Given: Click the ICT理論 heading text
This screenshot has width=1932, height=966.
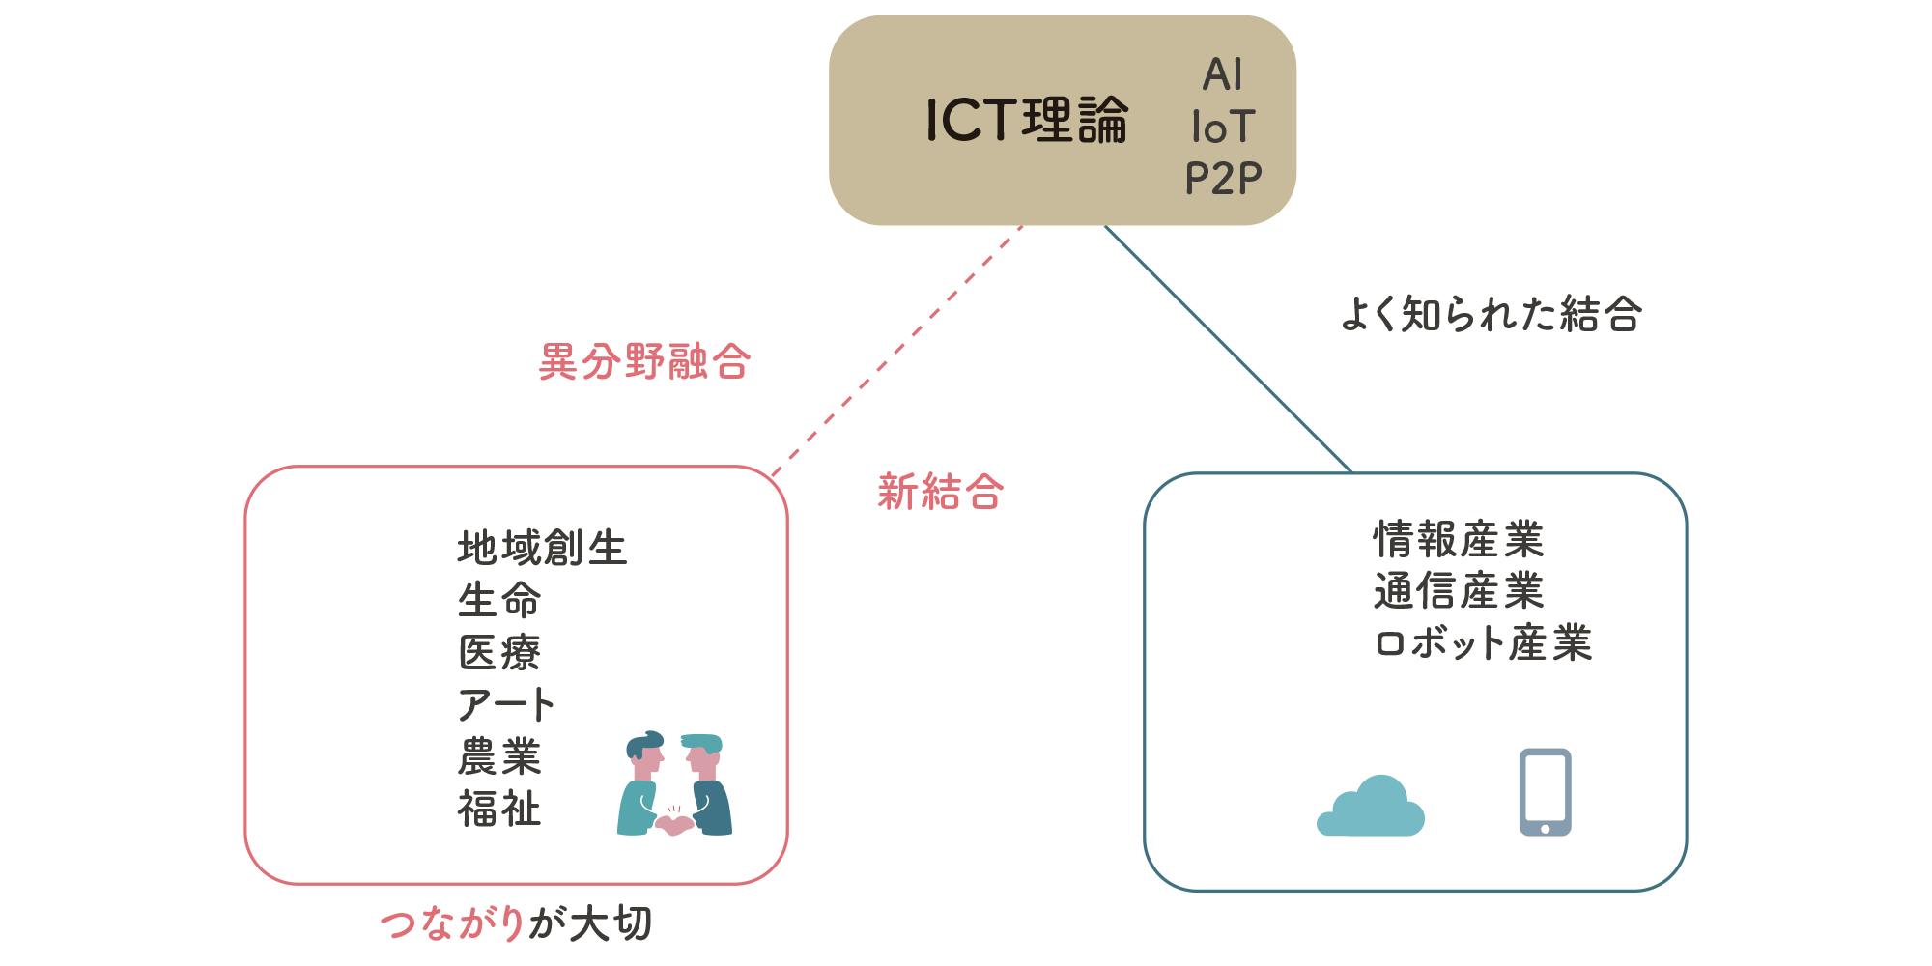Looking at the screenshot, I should point(1027,121).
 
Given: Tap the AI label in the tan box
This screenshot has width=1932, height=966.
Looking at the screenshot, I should point(1222,74).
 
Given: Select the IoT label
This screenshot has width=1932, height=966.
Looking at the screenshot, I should point(1223,127).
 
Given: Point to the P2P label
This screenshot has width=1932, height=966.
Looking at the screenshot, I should point(1223,178).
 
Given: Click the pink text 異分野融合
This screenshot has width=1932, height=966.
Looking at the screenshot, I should point(644,362).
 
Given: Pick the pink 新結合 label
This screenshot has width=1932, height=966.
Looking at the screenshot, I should point(940,493).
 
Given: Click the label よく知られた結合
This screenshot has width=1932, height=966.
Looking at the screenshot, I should point(1491,315).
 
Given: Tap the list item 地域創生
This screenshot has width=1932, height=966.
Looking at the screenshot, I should point(542,549).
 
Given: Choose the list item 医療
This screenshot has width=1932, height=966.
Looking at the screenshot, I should point(499,653).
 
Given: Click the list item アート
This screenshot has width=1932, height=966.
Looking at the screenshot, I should point(506,705).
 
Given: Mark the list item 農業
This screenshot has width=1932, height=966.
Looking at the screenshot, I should point(499,757).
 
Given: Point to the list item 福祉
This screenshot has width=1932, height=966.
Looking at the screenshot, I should point(499,810).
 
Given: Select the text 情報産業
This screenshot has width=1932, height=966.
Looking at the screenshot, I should point(1458,539).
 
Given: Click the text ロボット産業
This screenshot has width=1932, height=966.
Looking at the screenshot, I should point(1483,643).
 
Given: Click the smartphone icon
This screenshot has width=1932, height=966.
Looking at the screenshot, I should point(1545,792).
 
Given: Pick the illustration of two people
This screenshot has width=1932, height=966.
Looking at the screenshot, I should point(675,783).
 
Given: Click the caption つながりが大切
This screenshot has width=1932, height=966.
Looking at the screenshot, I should point(517,924).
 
